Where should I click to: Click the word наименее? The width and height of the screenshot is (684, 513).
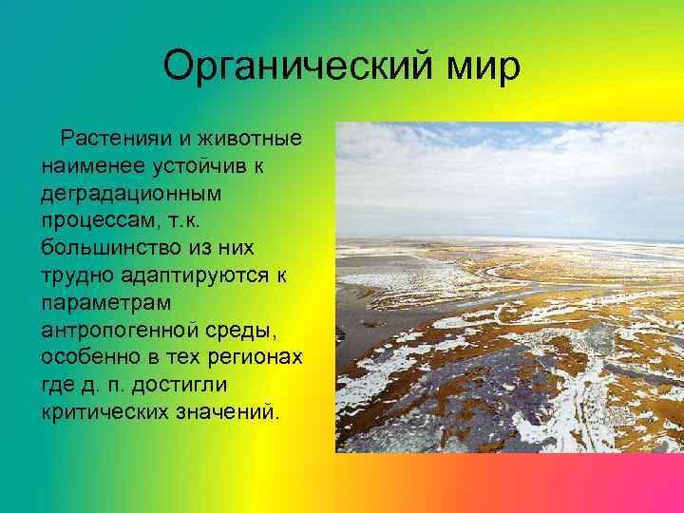click(89, 166)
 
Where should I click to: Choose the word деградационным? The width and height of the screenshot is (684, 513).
click(131, 194)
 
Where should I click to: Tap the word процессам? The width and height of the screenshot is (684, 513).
click(97, 221)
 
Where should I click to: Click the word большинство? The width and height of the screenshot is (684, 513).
click(112, 248)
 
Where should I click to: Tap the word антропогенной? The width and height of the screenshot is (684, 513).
click(117, 331)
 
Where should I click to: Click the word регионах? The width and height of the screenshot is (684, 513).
click(258, 358)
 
